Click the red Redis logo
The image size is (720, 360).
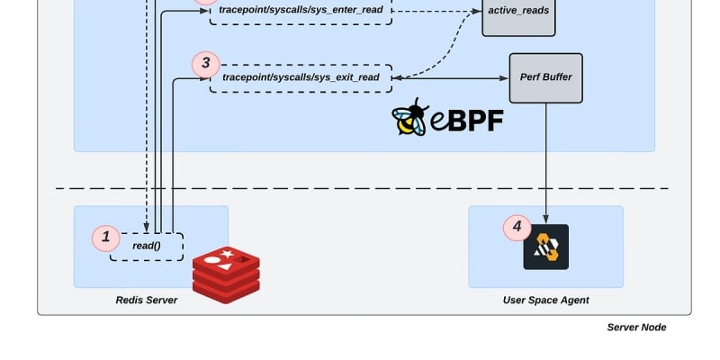(x=226, y=274)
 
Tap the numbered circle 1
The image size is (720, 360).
(x=106, y=238)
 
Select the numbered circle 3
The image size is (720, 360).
(x=206, y=63)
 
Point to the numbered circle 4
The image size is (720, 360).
(x=517, y=227)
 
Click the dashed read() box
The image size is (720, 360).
(x=147, y=247)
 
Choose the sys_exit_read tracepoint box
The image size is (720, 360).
(x=301, y=78)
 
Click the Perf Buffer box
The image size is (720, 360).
(x=545, y=77)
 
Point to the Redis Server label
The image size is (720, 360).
(x=147, y=300)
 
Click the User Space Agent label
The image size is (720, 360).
(x=545, y=300)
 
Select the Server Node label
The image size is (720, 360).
(x=636, y=327)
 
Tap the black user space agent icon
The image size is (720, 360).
(x=546, y=247)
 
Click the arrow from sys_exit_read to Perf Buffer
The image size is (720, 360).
(x=450, y=78)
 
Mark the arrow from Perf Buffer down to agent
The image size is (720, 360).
(x=546, y=162)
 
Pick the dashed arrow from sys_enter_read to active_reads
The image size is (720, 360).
(x=432, y=12)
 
